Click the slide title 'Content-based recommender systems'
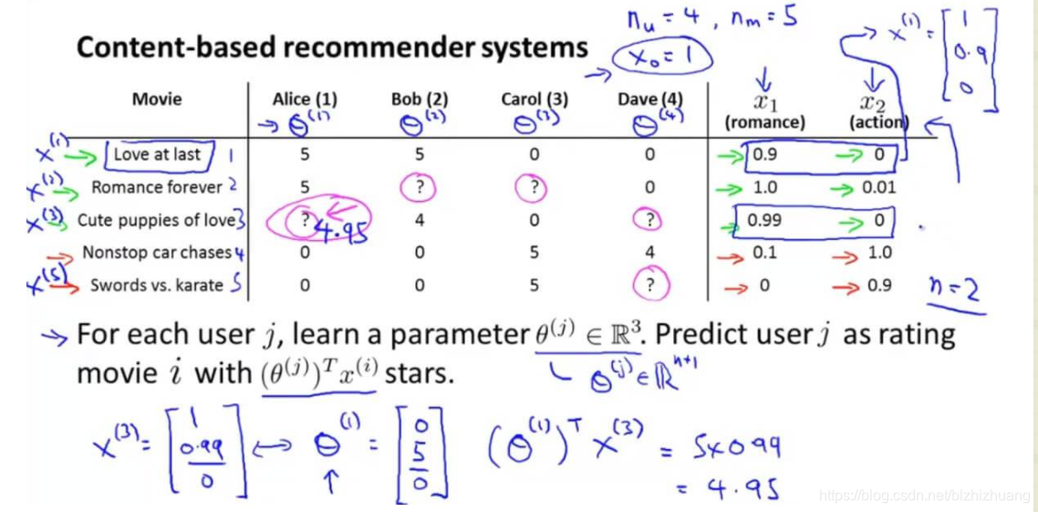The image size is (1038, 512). [x=332, y=47]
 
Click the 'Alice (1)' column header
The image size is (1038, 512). [x=305, y=99]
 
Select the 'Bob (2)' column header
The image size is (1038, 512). [x=419, y=99]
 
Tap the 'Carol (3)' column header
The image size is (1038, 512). [x=534, y=99]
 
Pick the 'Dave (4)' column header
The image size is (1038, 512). [x=649, y=99]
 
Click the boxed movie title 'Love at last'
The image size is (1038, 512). [x=157, y=154]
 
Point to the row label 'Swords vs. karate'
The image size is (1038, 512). [x=157, y=285]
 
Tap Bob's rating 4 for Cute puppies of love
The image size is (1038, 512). [x=419, y=220]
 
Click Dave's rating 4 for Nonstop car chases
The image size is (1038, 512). [x=649, y=253]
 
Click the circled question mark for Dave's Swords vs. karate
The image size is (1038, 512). [x=649, y=285]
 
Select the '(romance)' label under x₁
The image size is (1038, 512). [x=763, y=121]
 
